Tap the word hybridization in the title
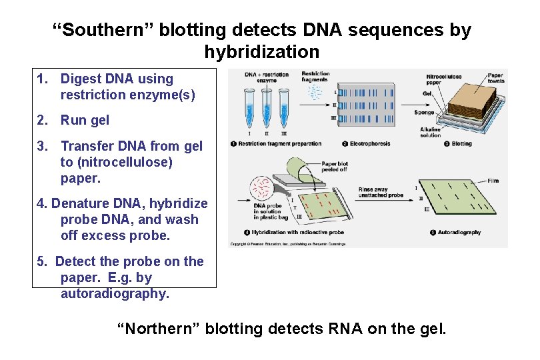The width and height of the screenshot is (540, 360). coord(261,51)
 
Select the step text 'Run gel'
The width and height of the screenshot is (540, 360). coord(85,121)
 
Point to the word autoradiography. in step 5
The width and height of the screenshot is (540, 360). coord(115,294)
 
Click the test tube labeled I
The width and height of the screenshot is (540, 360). coord(250,107)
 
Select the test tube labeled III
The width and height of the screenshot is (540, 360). coord(283,107)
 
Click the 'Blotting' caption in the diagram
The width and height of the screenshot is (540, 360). coord(461,143)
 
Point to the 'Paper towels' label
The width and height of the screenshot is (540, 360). coord(495,78)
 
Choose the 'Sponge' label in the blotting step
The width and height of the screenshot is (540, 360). coord(423,113)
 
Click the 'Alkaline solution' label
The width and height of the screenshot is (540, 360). coord(430,131)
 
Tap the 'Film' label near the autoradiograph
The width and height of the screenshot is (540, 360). coord(493,180)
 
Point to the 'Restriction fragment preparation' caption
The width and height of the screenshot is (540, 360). coord(279,143)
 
